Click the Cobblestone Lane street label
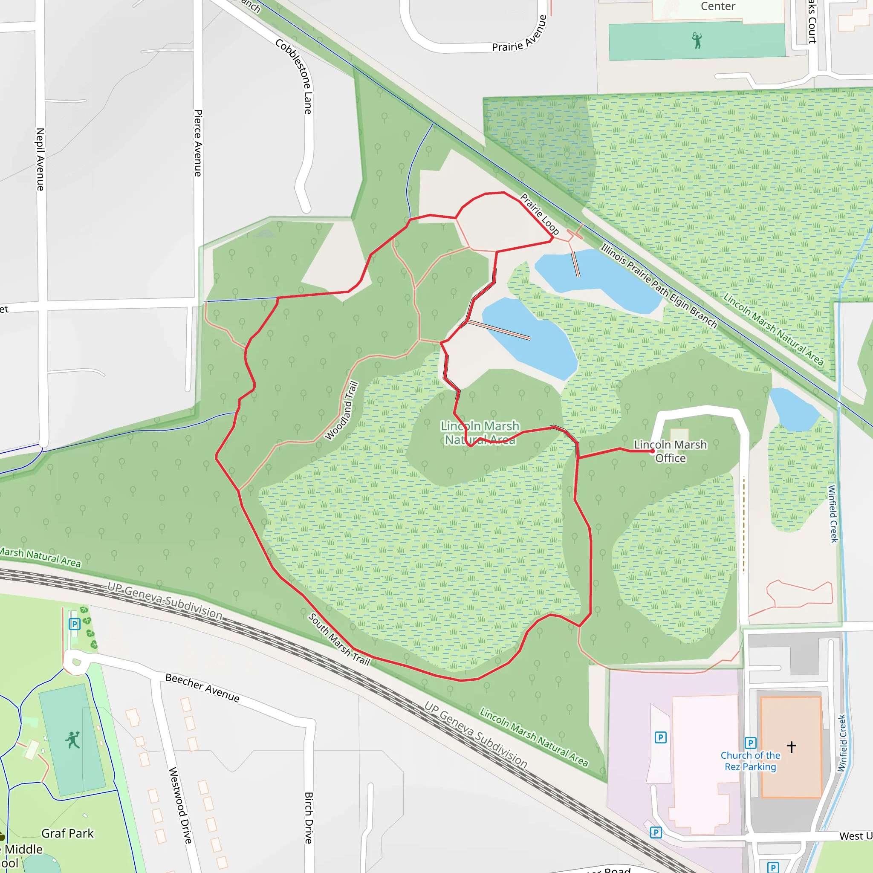point(294,76)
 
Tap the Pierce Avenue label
point(198,143)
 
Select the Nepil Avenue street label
point(40,159)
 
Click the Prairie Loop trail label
point(539,214)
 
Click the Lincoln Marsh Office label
point(670,451)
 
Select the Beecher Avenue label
point(202,687)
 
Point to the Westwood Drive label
point(180,805)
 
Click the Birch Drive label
point(309,818)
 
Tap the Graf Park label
point(67,833)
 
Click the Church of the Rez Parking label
point(750,761)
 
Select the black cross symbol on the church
point(791,747)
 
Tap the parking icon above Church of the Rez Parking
point(750,743)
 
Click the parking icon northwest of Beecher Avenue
point(75,624)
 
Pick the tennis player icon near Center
point(697,40)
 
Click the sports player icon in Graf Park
point(72,740)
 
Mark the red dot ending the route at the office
point(652,451)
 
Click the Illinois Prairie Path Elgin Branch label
point(658,286)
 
